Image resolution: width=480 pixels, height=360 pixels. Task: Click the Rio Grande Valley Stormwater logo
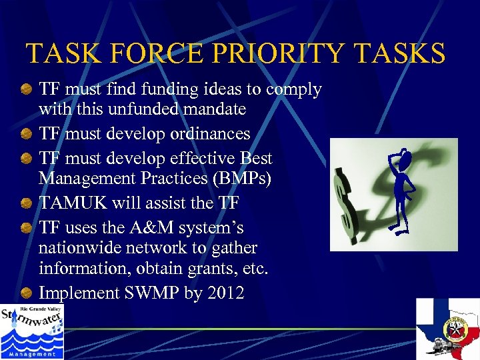tap(31, 331)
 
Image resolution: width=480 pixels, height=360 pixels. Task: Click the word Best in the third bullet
tap(256, 159)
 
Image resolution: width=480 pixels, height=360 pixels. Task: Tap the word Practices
tap(169, 179)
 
